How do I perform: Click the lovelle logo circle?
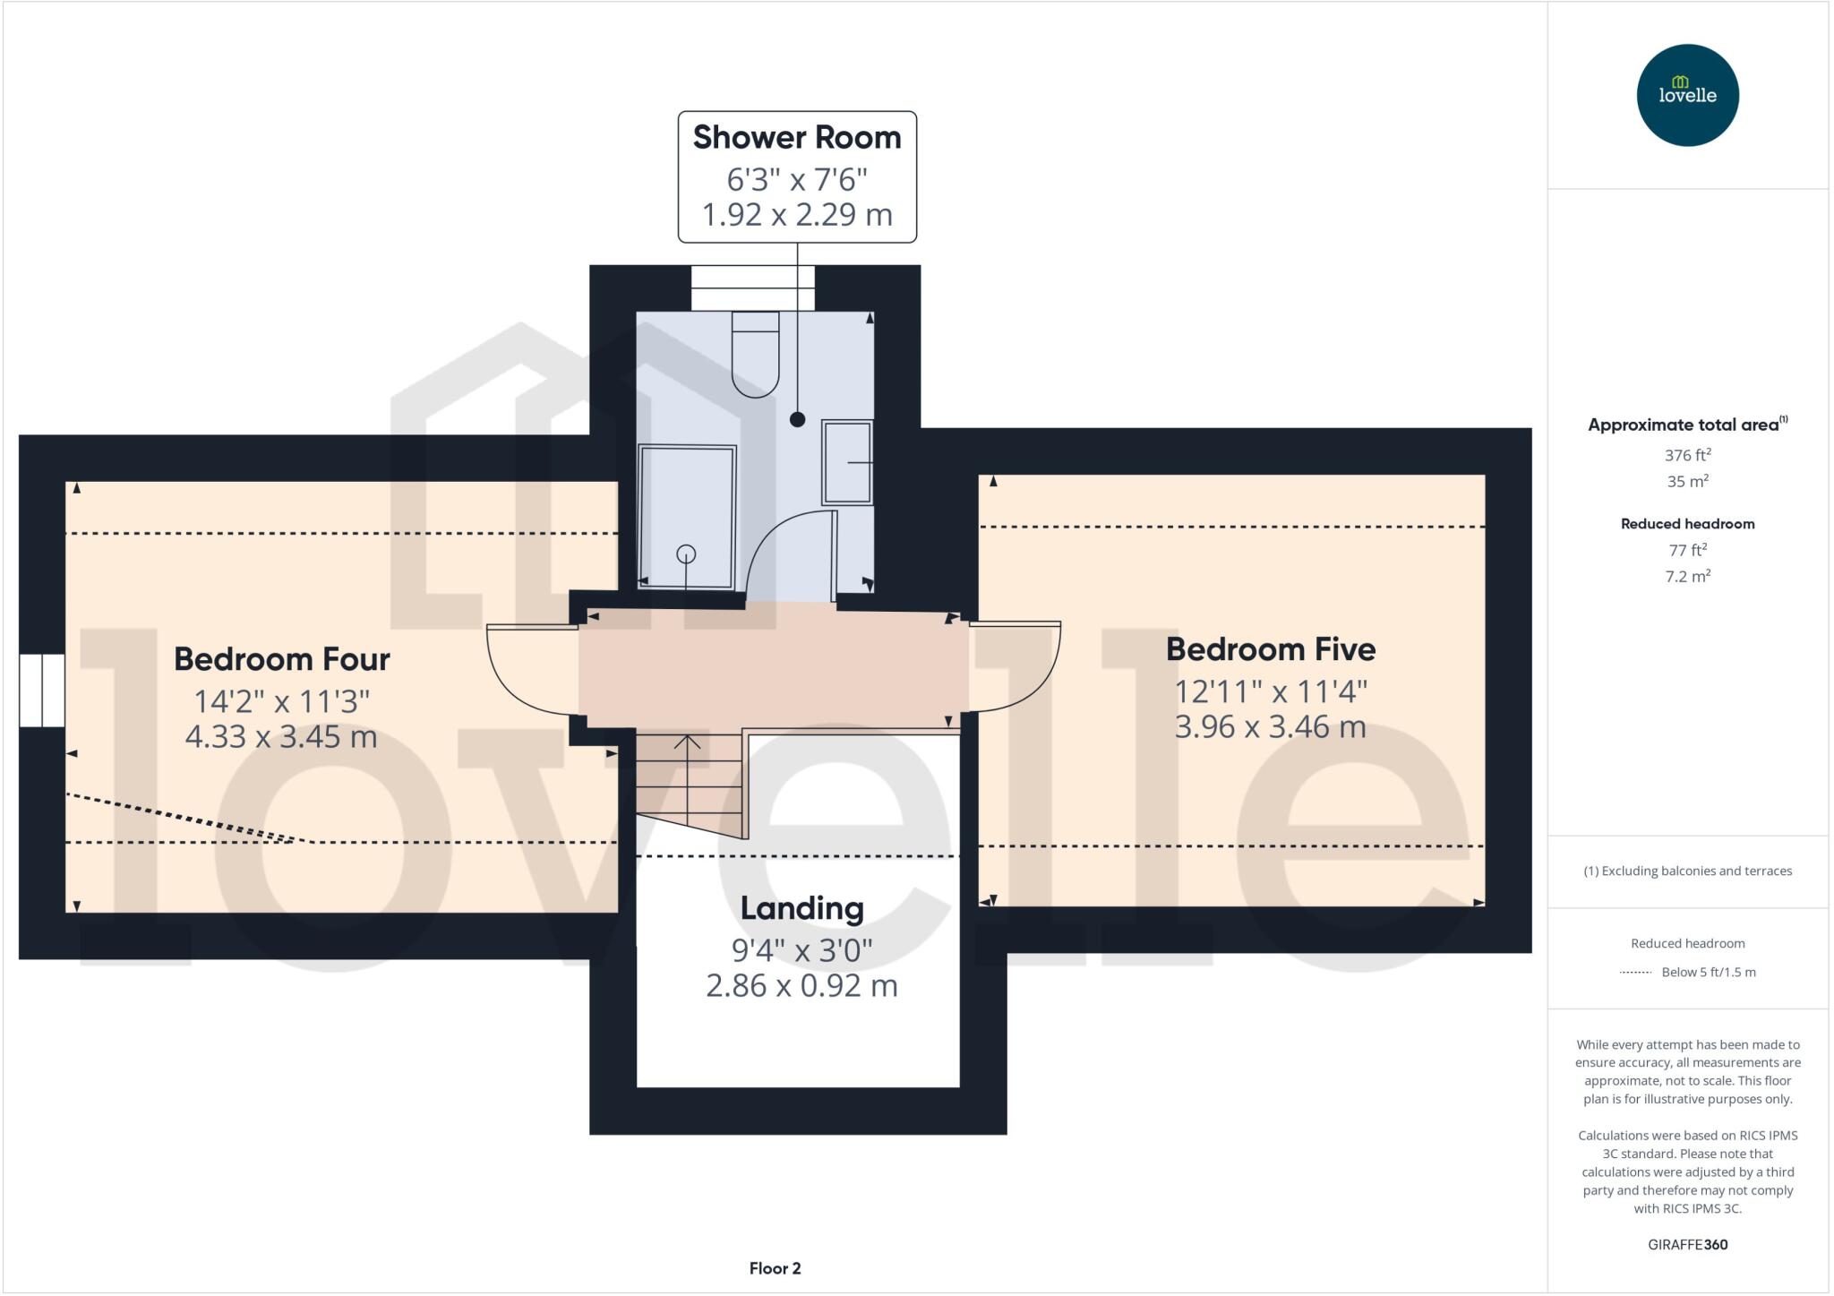(x=1687, y=95)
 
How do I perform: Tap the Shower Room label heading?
(x=796, y=138)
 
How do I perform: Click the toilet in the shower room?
(x=755, y=354)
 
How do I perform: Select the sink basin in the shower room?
(x=846, y=462)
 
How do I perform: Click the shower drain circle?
(x=686, y=554)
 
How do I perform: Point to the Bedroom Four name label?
(x=281, y=659)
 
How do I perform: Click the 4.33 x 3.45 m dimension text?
(x=281, y=737)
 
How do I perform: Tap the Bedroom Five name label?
(x=1270, y=649)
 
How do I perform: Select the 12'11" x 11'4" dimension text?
(x=1270, y=691)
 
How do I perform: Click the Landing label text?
(x=801, y=908)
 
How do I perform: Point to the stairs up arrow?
(x=687, y=743)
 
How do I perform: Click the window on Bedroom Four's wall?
(x=42, y=690)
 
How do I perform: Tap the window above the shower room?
(x=752, y=288)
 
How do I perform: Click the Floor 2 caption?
(x=775, y=1268)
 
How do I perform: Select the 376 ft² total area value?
(x=1687, y=455)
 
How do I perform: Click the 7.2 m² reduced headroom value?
(x=1687, y=577)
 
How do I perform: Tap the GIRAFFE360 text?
(x=1687, y=1244)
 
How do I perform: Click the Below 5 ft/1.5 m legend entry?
(x=1708, y=972)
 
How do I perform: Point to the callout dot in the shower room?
(x=797, y=419)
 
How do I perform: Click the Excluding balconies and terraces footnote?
(x=1687, y=871)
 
